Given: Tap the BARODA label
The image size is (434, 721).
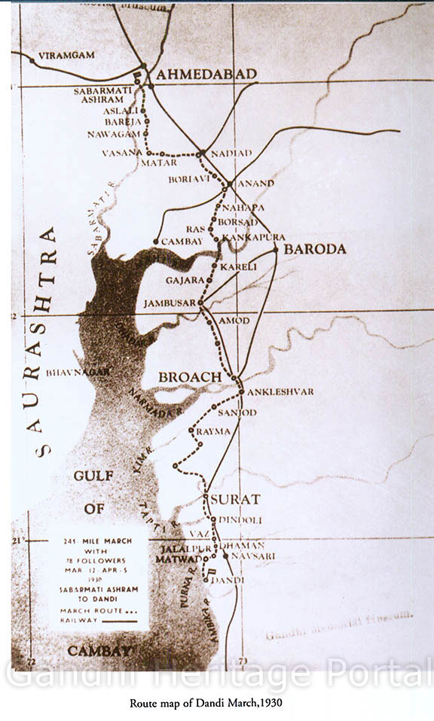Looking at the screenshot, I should (x=315, y=249).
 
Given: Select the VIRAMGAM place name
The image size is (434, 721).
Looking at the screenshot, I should (x=66, y=56).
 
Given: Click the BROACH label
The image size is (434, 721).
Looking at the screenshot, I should (x=190, y=376).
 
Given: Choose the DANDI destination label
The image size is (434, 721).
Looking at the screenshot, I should (x=228, y=580).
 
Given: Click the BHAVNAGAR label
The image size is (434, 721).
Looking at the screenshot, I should (x=78, y=372).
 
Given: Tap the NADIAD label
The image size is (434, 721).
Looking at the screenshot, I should (x=231, y=153).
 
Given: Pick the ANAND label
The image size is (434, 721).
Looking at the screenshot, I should (x=256, y=183).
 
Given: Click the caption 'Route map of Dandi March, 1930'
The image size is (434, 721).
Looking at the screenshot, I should (x=217, y=701).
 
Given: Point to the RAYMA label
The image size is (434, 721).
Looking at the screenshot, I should (x=213, y=431).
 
